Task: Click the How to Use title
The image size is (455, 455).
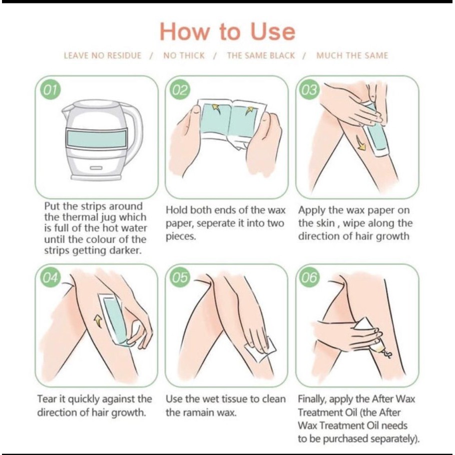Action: (227, 32)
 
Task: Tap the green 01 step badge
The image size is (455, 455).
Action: (51, 90)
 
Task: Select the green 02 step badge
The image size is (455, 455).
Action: (180, 90)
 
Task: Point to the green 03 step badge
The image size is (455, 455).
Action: (309, 90)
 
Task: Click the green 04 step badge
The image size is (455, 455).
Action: (51, 277)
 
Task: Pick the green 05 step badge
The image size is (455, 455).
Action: (180, 277)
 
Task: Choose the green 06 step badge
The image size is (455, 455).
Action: (309, 277)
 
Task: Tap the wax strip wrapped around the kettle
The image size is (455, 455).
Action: (96, 139)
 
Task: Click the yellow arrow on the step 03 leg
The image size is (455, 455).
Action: (361, 144)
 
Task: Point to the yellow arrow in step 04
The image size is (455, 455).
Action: (98, 321)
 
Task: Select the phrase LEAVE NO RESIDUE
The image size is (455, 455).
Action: (103, 56)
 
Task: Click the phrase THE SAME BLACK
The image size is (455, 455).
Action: (261, 56)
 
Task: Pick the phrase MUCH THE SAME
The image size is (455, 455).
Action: (352, 56)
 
